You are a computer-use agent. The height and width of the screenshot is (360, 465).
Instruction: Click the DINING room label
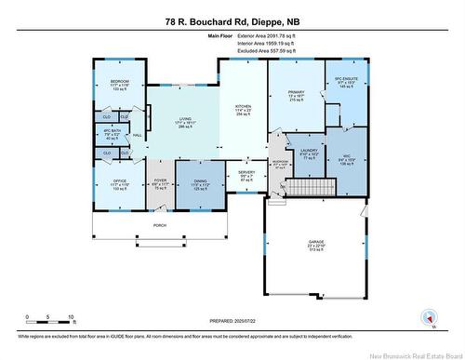201,182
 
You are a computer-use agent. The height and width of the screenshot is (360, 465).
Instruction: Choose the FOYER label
160,182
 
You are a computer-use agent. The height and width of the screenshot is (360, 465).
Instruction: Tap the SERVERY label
246,172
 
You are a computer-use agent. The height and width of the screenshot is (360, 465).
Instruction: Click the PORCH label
159,225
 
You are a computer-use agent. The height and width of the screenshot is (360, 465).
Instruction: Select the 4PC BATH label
113,131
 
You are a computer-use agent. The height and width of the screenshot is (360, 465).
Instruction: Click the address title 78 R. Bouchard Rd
232,20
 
